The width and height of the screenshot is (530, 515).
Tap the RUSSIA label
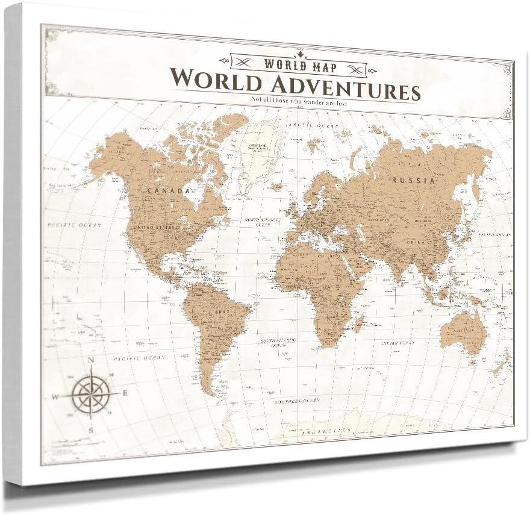pos(413,179)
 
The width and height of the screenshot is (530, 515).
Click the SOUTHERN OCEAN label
pos(297,400)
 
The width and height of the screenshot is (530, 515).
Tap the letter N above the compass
pos(92,361)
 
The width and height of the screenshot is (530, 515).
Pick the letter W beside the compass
pos(55,396)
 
